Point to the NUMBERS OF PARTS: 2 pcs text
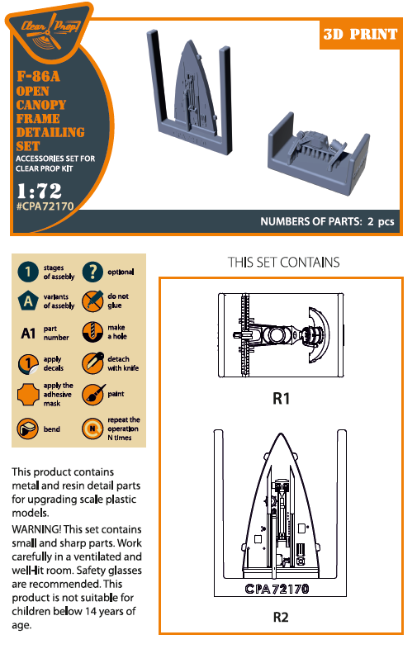point(327,222)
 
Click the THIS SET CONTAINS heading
point(283,263)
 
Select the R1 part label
point(281,399)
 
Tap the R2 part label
point(282,616)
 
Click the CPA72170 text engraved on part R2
point(277,590)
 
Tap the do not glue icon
point(92,301)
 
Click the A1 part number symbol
point(28,334)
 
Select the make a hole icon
point(92,333)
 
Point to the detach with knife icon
point(92,364)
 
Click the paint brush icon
point(92,395)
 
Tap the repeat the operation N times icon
point(92,429)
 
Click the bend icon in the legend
point(29,429)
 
